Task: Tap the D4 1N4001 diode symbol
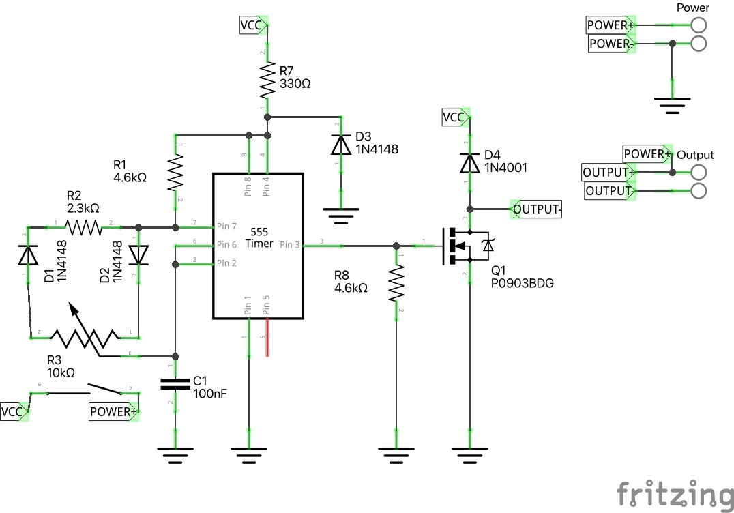pyautogui.click(x=469, y=163)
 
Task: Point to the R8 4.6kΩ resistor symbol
pyautogui.click(x=396, y=284)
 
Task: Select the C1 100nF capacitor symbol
pyautogui.click(x=176, y=383)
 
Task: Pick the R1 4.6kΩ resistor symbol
pyautogui.click(x=176, y=173)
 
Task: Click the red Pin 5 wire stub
pyautogui.click(x=267, y=337)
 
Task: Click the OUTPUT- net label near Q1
pyautogui.click(x=537, y=209)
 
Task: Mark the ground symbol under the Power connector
pyautogui.click(x=673, y=102)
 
